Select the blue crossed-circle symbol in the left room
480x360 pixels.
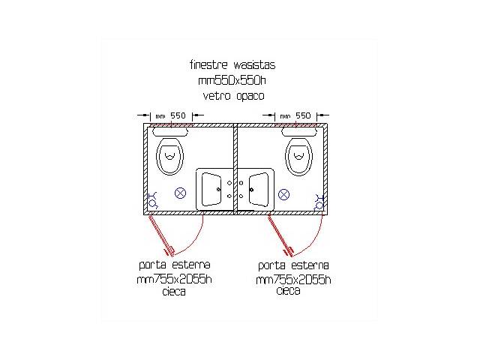(x=180, y=193)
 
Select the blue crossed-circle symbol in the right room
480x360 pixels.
(x=283, y=194)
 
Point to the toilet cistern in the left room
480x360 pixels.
(x=170, y=132)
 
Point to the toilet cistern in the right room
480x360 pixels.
(x=299, y=132)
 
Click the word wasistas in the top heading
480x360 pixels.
(x=254, y=65)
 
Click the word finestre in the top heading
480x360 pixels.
(x=208, y=65)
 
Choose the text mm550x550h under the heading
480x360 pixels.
(x=232, y=80)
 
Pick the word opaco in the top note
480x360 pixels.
(x=250, y=97)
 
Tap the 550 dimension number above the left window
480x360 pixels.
(x=178, y=115)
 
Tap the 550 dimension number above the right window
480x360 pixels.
(x=303, y=115)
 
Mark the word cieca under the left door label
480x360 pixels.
(x=174, y=292)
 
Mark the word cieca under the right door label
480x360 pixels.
(x=288, y=290)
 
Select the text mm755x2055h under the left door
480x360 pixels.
(x=174, y=279)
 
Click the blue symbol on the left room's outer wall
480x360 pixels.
(x=152, y=200)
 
